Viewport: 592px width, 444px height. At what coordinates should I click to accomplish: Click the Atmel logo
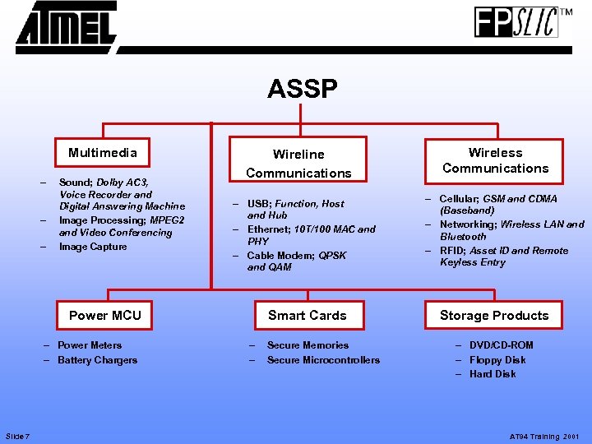tap(67, 27)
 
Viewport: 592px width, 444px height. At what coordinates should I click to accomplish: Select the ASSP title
tap(302, 89)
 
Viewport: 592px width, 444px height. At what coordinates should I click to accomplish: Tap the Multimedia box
tap(103, 153)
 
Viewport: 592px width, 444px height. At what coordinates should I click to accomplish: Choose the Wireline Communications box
tap(298, 163)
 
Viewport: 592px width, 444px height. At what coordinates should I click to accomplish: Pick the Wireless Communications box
tap(495, 160)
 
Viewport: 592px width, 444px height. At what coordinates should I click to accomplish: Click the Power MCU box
tap(105, 315)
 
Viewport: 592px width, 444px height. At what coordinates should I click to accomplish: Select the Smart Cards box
tap(308, 315)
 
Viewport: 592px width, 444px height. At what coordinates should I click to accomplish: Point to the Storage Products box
tap(494, 315)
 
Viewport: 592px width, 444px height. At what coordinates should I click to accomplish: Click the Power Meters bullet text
tap(90, 345)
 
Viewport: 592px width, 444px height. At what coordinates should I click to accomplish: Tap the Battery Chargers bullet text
tap(97, 360)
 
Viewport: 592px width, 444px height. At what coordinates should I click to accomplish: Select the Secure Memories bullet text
tap(308, 345)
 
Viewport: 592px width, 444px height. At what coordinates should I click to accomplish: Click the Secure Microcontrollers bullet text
tap(323, 360)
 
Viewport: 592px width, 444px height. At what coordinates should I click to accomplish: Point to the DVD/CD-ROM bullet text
tap(501, 345)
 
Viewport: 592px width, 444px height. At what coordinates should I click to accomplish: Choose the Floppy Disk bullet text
tap(497, 360)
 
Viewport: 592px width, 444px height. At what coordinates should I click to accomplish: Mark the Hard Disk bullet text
tap(493, 374)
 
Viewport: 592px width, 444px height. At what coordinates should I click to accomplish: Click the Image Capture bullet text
tap(93, 247)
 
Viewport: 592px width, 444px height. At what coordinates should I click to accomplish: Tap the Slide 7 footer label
tap(17, 436)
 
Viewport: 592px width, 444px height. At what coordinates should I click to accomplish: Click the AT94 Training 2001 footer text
tap(545, 437)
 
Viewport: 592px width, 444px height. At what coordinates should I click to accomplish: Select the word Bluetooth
tap(463, 237)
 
